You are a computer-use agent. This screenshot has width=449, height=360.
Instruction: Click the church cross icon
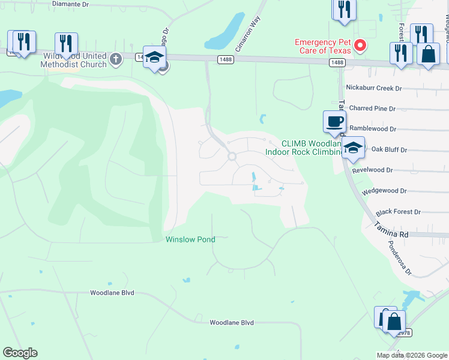(x=116, y=59)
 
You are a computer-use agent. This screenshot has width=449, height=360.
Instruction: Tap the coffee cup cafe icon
(x=334, y=122)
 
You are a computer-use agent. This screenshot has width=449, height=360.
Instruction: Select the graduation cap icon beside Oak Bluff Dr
(x=354, y=148)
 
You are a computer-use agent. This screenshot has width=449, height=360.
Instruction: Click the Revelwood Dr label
(x=372, y=170)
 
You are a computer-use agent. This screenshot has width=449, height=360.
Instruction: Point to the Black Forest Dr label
(x=399, y=212)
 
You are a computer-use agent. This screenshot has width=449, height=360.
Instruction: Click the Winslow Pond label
(x=190, y=239)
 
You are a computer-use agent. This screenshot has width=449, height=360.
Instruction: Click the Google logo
(x=20, y=353)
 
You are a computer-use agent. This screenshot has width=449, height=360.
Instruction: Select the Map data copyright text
(x=412, y=355)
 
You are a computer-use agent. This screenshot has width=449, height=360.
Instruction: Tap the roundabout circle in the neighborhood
(x=232, y=157)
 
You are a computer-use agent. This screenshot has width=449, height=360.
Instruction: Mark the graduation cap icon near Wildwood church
(x=154, y=58)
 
